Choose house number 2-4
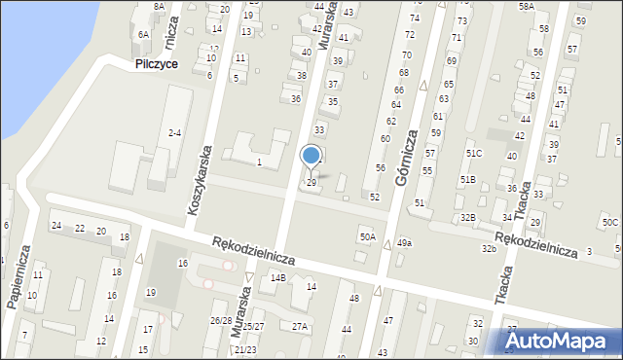(175, 132)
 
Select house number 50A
(367, 236)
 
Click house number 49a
(403, 243)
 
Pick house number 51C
(474, 154)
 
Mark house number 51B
(468, 180)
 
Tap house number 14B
(278, 278)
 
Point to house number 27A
(300, 327)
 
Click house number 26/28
(220, 320)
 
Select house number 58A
(526, 6)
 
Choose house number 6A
(143, 34)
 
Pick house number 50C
(610, 223)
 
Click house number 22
(80, 230)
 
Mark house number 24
(56, 226)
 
